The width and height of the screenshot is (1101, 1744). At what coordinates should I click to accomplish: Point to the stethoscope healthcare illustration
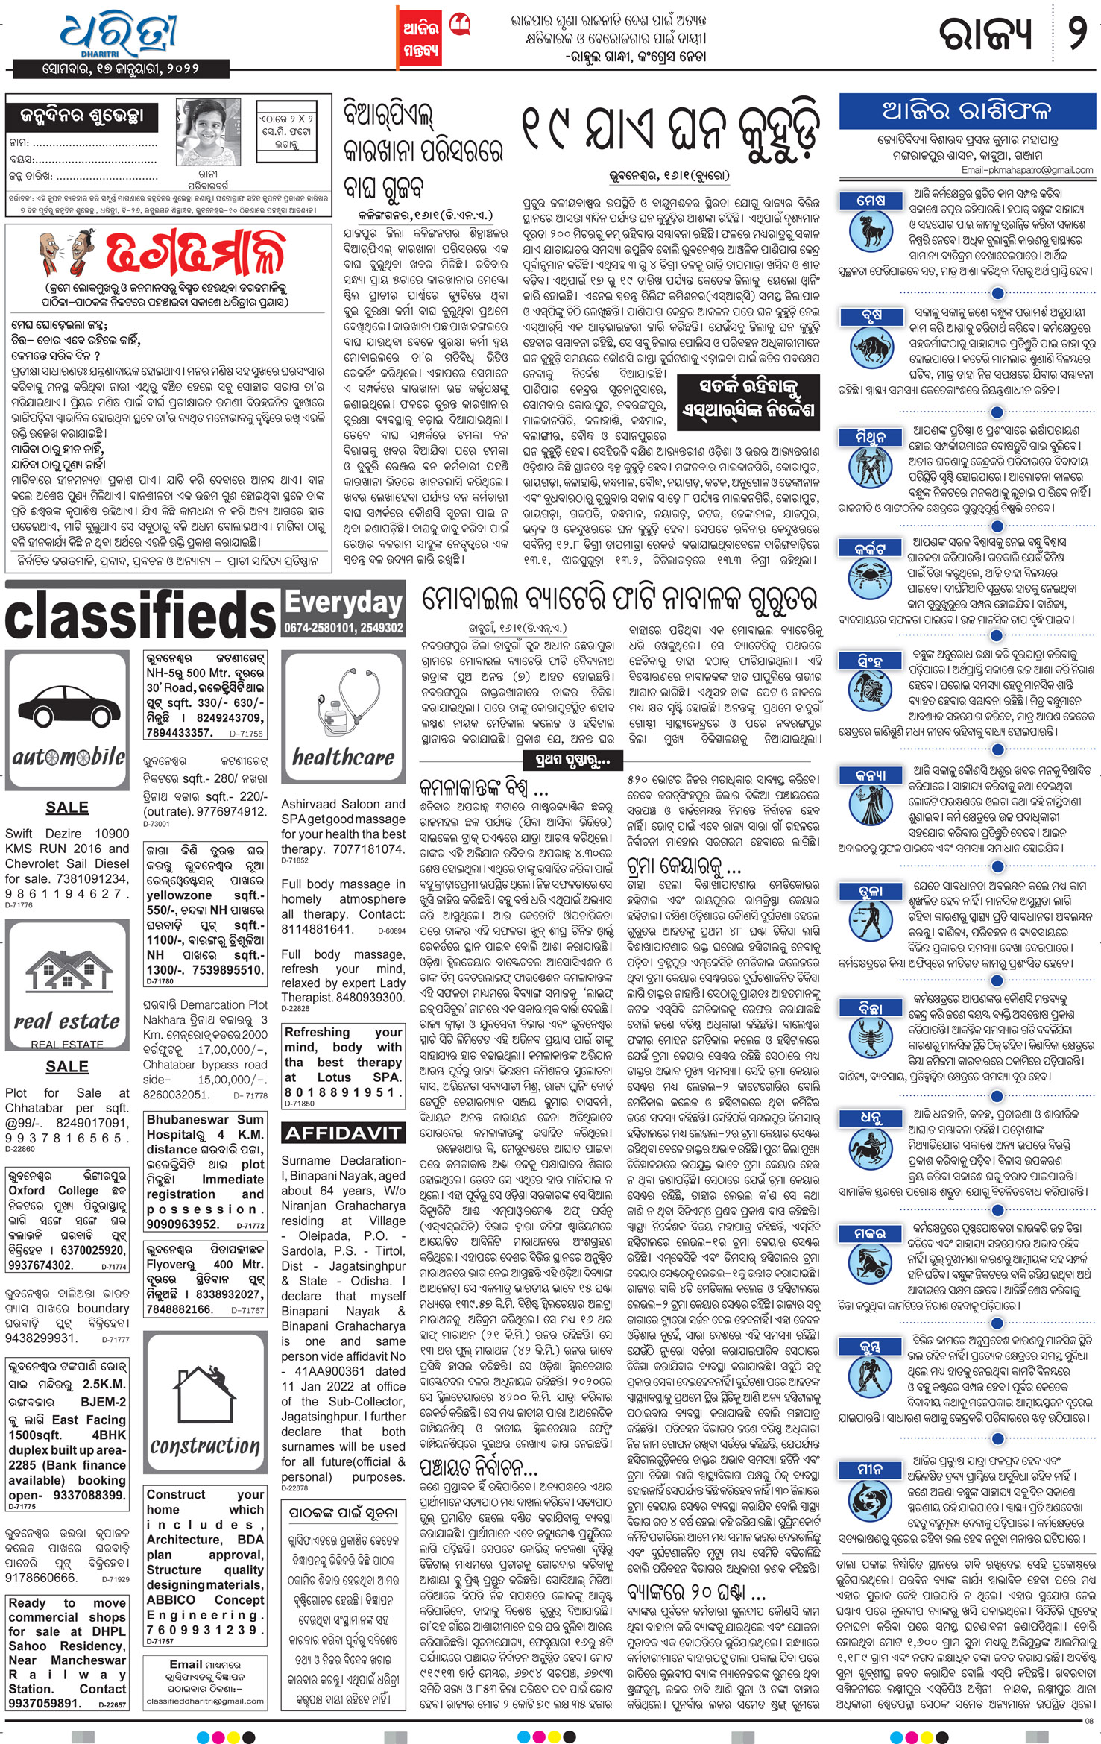click(343, 702)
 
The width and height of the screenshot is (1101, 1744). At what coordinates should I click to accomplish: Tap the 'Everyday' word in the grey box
click(344, 603)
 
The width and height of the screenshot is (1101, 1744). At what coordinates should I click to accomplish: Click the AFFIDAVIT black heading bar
click(342, 1133)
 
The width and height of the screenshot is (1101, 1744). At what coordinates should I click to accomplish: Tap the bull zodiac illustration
click(871, 347)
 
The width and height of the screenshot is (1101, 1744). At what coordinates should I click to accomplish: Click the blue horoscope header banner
click(966, 111)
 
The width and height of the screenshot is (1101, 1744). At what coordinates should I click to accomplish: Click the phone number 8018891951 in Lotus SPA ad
click(342, 1092)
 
